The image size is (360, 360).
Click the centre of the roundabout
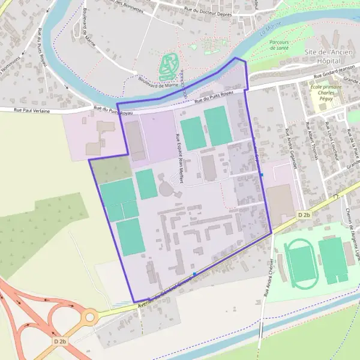90,316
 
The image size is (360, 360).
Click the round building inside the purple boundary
166,189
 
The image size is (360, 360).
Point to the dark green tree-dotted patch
103,170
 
